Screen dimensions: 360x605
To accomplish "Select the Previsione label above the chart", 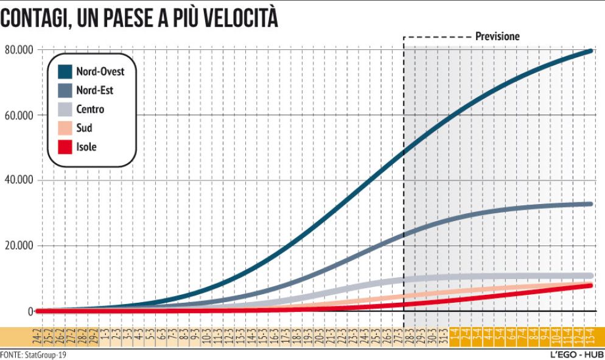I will click(497, 37).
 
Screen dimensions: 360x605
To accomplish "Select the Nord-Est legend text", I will click(94, 91).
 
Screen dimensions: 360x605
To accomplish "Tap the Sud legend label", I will click(84, 129).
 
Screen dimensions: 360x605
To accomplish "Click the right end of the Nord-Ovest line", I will click(590, 51).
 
